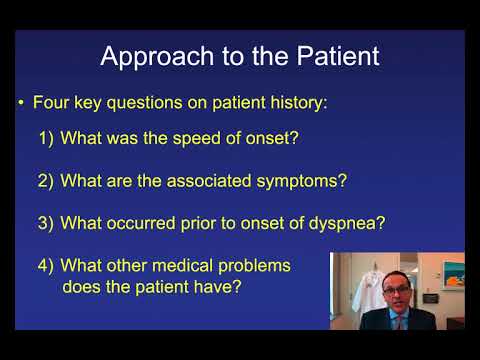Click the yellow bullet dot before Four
[x=21, y=102]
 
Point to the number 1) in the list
[x=47, y=139]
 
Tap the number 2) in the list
[x=47, y=181]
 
